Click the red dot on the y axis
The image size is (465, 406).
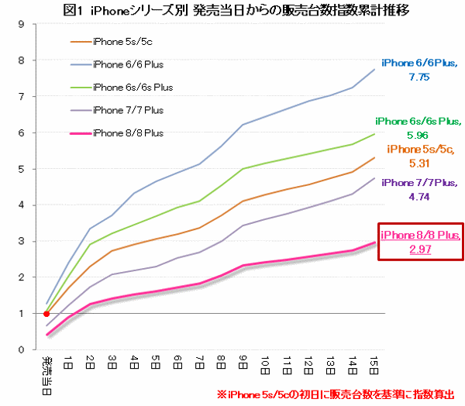(x=46, y=314)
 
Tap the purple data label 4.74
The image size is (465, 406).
(x=420, y=196)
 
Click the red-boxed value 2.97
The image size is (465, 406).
(x=419, y=249)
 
